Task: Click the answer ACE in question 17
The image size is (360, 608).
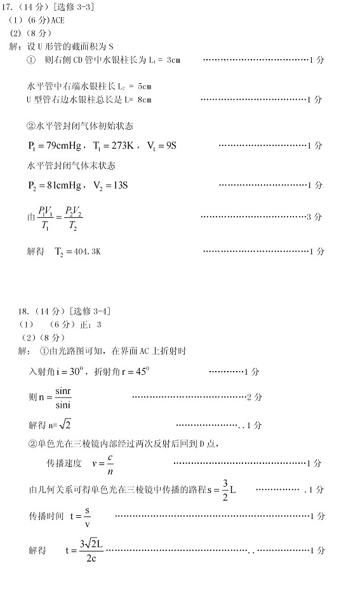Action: click(x=57, y=20)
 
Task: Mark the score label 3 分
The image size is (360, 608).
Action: click(x=314, y=217)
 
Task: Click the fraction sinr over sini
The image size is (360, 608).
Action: click(x=63, y=398)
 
